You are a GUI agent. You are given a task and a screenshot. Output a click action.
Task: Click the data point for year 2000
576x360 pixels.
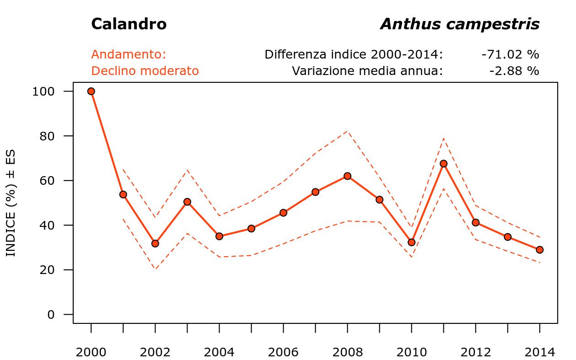pos(91,91)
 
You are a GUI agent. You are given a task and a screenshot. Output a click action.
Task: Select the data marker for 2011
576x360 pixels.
pos(443,163)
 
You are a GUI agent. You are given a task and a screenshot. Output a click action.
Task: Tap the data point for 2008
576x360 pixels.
pos(347,176)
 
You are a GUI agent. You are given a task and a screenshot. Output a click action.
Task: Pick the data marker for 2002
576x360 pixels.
pos(155,243)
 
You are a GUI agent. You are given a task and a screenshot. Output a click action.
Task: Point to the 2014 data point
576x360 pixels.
pos(539,250)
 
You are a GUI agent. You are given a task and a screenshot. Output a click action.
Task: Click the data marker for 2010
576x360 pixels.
pos(411,242)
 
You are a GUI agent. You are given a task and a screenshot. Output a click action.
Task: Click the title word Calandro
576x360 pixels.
pos(129,24)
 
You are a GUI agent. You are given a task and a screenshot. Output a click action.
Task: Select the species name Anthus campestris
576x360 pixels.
pos(460,24)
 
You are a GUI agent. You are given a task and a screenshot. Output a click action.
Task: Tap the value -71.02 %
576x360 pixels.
pos(510,54)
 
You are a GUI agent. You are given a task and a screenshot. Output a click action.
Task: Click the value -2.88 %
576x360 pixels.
pos(514,71)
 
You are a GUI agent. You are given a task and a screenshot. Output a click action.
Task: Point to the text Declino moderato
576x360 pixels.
pos(145,71)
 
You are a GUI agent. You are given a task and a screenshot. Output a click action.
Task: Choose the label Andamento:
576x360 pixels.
pos(129,54)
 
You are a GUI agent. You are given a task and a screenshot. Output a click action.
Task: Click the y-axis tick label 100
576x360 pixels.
pos(43,91)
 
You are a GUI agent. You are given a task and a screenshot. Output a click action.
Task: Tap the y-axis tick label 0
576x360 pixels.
pos(51,315)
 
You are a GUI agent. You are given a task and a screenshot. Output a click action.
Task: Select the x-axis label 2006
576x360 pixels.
pos(283,352)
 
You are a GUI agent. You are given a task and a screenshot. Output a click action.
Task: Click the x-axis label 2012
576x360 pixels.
pos(475,352)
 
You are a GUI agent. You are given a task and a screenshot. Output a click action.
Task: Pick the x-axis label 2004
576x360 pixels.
pos(219,352)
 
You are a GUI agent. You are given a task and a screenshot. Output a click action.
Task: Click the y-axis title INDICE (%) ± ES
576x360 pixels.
pos(11,203)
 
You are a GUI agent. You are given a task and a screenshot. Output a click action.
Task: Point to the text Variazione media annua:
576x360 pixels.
pos(367,71)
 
